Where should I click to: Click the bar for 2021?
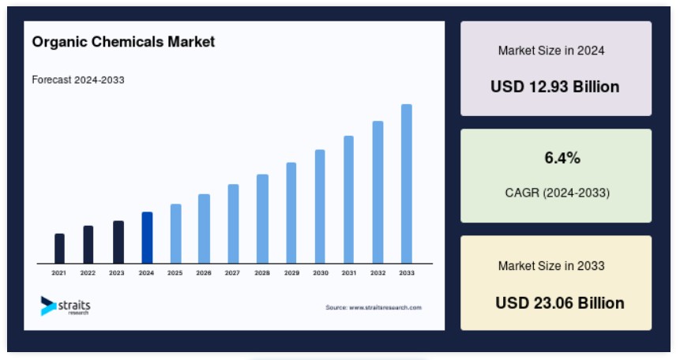(59, 249)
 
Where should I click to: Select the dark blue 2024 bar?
(147, 238)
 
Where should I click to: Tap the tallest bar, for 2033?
(407, 184)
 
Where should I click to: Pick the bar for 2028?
(262, 219)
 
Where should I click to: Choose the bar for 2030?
(320, 207)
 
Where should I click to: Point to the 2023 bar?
(118, 242)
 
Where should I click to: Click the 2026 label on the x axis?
(204, 273)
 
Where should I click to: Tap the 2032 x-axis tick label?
(378, 273)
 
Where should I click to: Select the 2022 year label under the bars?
(88, 273)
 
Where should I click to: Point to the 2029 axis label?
(291, 273)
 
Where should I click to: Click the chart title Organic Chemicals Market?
(123, 42)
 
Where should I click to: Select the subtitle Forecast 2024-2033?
(78, 80)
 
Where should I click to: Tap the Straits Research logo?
(66, 306)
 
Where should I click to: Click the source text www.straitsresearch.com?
(374, 308)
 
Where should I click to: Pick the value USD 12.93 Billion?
(555, 87)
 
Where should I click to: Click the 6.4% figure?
(562, 158)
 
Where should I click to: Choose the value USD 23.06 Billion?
(560, 302)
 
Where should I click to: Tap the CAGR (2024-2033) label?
(558, 193)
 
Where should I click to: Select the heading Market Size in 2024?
(551, 51)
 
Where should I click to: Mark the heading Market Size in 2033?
(551, 265)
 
